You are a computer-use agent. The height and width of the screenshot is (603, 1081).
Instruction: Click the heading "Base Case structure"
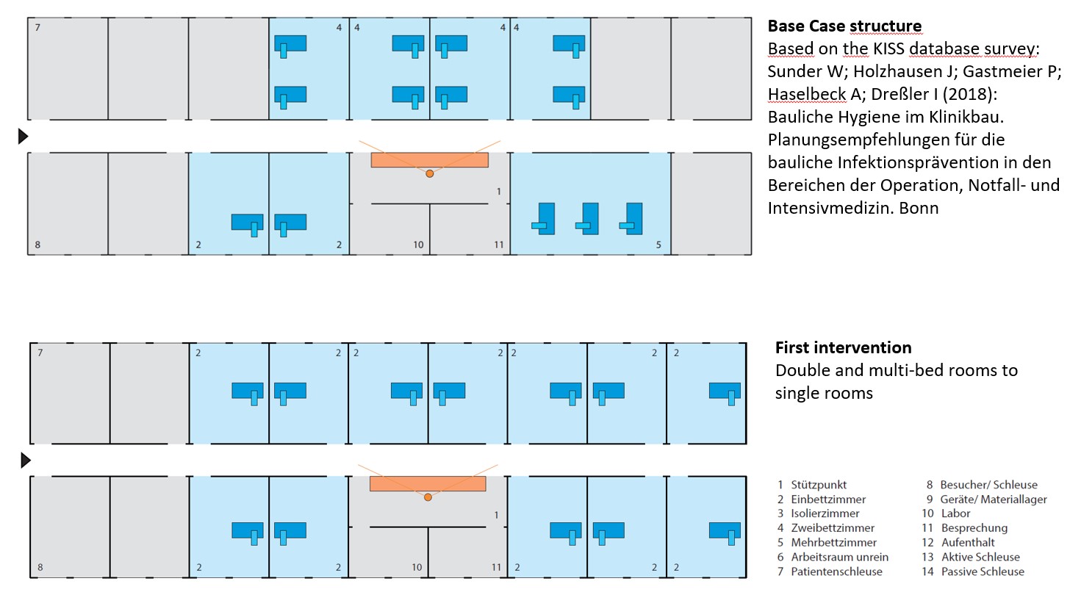(x=844, y=26)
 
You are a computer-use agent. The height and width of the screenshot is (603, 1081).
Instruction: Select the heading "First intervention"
(x=843, y=347)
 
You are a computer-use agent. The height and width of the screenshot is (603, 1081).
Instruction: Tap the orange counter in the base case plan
(x=429, y=160)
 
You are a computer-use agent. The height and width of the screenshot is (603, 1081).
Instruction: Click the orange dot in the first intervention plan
(x=428, y=497)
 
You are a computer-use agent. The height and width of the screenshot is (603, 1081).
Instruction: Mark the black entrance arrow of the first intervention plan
(x=26, y=461)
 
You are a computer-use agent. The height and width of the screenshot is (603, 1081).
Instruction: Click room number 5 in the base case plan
(x=658, y=245)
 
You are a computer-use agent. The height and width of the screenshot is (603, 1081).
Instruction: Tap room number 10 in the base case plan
(x=418, y=245)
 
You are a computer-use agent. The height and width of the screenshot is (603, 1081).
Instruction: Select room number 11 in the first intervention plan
(x=496, y=567)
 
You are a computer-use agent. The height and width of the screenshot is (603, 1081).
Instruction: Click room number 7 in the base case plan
(x=37, y=27)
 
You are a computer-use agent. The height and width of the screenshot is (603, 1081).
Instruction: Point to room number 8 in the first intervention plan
(x=40, y=567)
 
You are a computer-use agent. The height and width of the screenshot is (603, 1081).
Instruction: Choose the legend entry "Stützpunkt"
(x=819, y=484)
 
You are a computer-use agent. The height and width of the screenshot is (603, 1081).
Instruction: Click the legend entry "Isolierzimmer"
(x=825, y=513)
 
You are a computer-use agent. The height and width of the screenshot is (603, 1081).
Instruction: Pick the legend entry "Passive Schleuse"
(x=983, y=571)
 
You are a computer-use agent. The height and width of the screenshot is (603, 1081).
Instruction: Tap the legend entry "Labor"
(x=955, y=513)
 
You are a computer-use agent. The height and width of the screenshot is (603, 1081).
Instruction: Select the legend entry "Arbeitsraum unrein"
(x=840, y=557)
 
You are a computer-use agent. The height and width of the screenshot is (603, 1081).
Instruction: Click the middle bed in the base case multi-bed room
(x=587, y=219)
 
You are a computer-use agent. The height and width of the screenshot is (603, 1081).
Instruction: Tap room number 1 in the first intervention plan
(x=496, y=515)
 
